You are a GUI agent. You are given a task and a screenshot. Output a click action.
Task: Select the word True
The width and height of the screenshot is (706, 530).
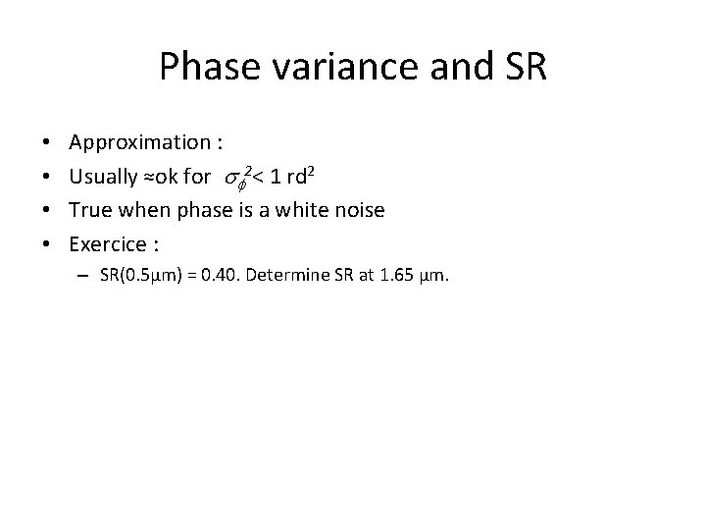90,210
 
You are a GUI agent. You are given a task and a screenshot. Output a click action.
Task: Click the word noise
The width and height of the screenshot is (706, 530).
356,210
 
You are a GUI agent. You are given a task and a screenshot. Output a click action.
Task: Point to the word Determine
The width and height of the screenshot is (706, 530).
300,276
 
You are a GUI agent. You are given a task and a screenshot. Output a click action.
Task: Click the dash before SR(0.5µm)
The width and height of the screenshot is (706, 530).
86,277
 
